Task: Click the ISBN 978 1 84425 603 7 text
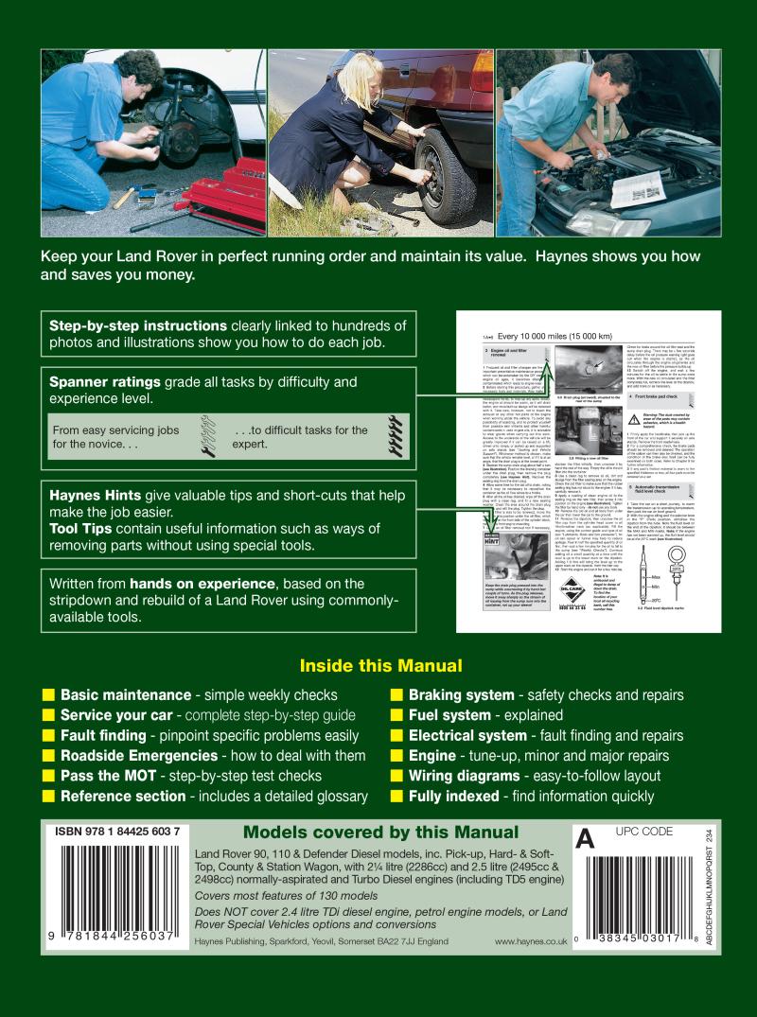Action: pos(117,833)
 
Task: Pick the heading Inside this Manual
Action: pos(380,665)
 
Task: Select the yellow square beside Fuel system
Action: pos(396,715)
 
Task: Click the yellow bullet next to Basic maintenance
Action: pos(48,695)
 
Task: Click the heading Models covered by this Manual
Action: pos(380,833)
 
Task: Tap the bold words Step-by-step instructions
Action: pos(138,325)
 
